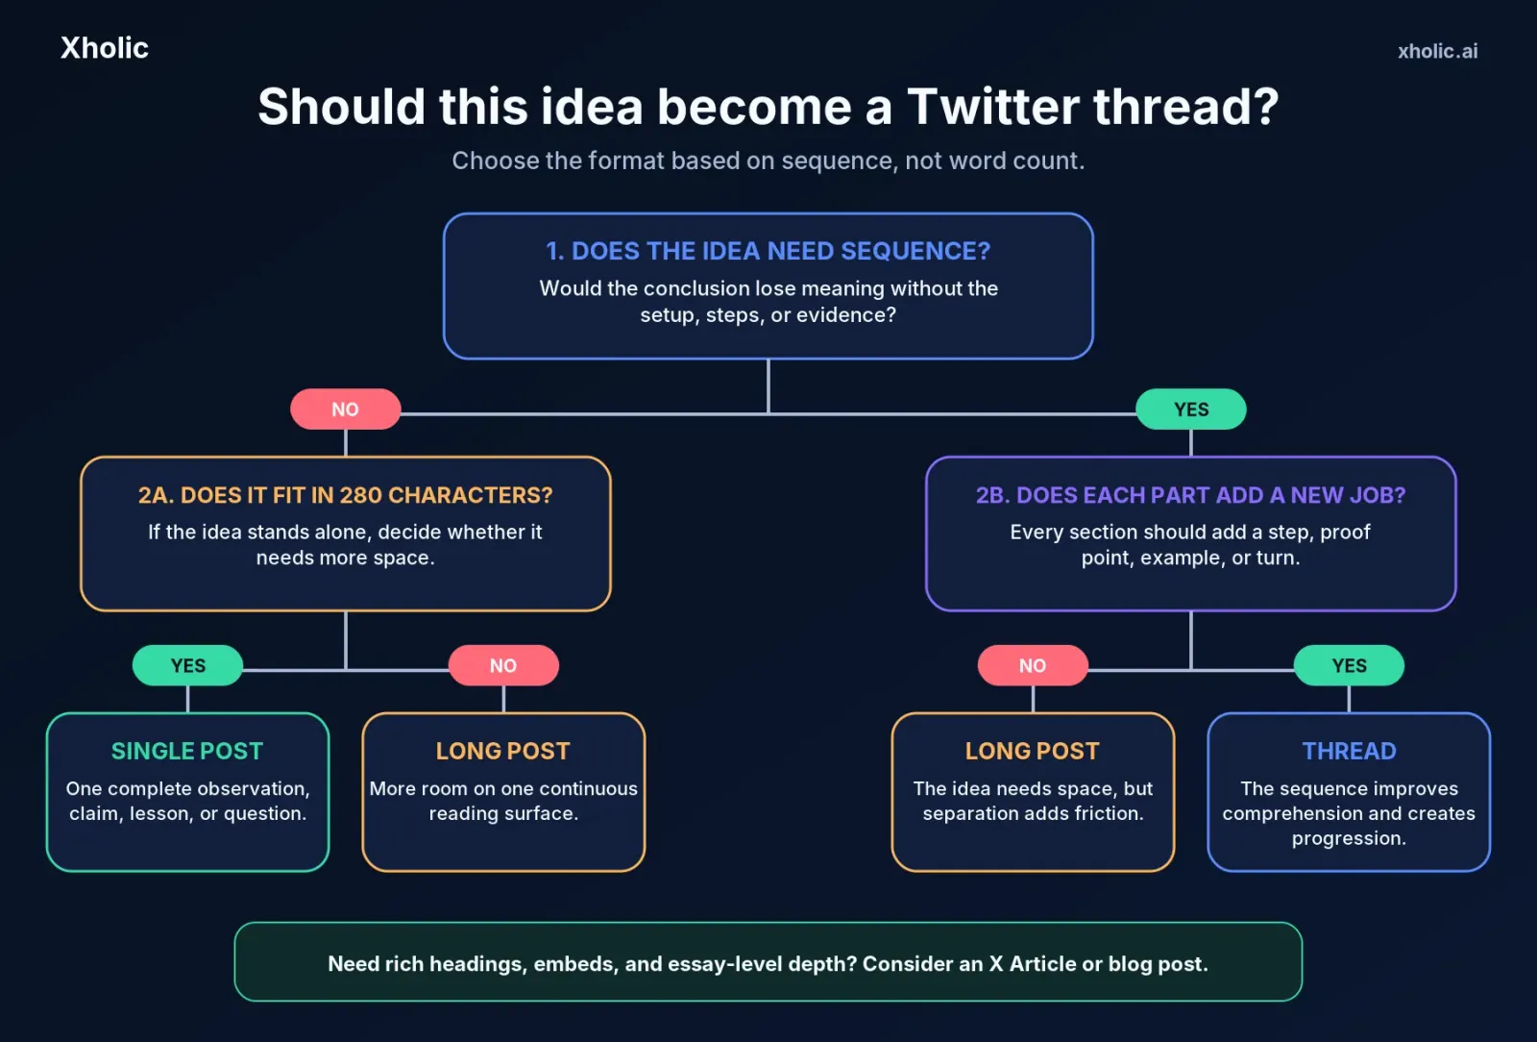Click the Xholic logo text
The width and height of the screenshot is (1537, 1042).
point(105,48)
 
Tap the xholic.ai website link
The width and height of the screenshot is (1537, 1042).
point(1437,52)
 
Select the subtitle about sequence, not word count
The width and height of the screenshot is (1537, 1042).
point(768,161)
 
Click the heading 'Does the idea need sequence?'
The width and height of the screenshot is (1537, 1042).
point(768,251)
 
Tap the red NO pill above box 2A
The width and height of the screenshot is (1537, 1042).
point(345,409)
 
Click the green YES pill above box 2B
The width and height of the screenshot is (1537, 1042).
point(1190,409)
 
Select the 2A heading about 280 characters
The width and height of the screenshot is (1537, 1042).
point(345,495)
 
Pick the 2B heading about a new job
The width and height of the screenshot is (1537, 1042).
point(1190,495)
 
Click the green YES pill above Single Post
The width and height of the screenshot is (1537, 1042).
point(187,665)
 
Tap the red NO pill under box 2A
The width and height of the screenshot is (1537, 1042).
point(503,665)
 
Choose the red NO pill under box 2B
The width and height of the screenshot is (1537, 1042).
point(1033,665)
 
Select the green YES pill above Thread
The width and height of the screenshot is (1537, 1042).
point(1349,665)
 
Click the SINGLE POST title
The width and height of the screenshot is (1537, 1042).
point(187,751)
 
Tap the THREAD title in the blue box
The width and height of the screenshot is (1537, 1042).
point(1349,751)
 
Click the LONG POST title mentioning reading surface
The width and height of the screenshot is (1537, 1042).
point(503,751)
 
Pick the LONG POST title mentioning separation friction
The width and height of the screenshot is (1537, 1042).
point(1033,751)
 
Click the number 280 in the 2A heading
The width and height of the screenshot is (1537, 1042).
point(361,495)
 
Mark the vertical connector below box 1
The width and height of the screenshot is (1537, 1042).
point(768,385)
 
